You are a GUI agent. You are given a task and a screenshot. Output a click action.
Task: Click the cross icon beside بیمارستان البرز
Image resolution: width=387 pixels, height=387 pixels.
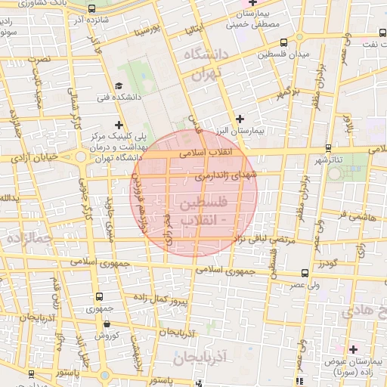tap(240, 118)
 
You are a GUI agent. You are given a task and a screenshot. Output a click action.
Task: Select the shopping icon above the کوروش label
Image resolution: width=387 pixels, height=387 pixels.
tap(107, 324)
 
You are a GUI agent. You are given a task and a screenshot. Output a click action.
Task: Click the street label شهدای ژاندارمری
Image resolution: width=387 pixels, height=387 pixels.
tap(227, 175)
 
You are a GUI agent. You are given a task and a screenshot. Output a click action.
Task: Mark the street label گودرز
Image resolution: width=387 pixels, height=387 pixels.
tap(327, 263)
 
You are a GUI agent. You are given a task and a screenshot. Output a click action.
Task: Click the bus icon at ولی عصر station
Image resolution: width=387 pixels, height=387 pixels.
tap(305, 274)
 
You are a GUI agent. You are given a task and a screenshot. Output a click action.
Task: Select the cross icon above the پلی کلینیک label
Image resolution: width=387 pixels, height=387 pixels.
tap(117, 124)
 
